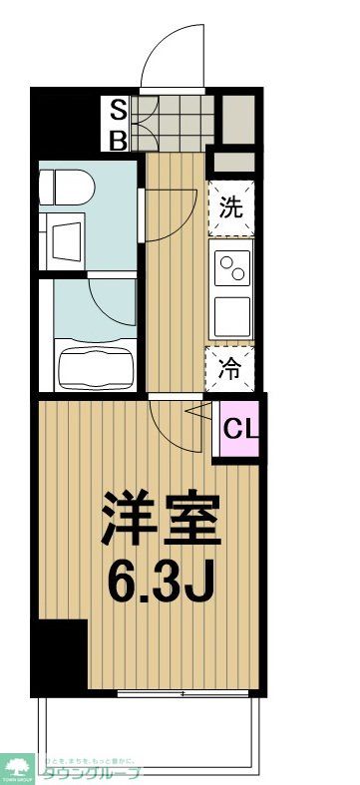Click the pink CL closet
[239, 430]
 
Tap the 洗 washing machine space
[230, 207]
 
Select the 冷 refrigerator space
[230, 368]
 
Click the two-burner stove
[232, 268]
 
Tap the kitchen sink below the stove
[232, 317]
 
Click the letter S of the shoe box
[118, 108]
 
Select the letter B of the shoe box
[118, 139]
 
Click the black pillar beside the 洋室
[57, 654]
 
